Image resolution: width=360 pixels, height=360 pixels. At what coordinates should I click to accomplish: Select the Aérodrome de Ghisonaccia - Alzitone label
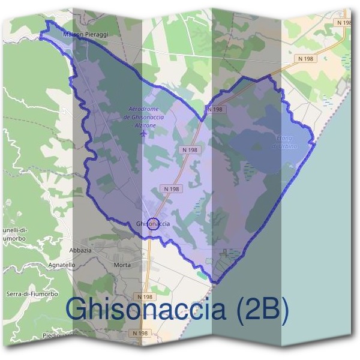[x=143, y=117]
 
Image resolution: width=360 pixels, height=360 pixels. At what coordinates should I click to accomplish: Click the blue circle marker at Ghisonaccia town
[x=153, y=223]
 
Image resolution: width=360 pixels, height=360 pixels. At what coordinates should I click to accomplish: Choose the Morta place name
[x=122, y=265]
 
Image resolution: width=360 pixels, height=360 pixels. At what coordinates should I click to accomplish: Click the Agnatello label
[x=61, y=265]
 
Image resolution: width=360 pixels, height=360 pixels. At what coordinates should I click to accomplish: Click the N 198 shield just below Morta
[x=146, y=297]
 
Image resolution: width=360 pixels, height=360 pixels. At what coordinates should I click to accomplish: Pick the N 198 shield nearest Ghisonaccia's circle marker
[x=171, y=189]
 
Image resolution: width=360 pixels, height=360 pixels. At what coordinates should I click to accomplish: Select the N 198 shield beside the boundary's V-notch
[x=214, y=109]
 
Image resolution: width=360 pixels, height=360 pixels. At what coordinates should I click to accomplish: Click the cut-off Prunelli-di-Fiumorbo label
[x=13, y=233]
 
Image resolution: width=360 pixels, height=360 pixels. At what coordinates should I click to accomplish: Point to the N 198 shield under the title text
[x=139, y=333]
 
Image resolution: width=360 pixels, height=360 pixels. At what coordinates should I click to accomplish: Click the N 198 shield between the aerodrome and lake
[x=189, y=149]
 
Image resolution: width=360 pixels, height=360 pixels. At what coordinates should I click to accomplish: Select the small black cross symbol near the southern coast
[x=225, y=251]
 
